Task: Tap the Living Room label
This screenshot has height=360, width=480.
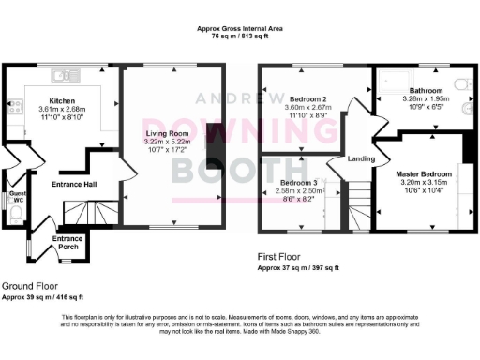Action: point(167,134)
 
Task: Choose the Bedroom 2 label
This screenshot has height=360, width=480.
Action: point(308,97)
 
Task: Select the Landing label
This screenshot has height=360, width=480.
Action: point(362,158)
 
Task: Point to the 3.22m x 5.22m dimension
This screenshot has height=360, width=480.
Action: point(168,142)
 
